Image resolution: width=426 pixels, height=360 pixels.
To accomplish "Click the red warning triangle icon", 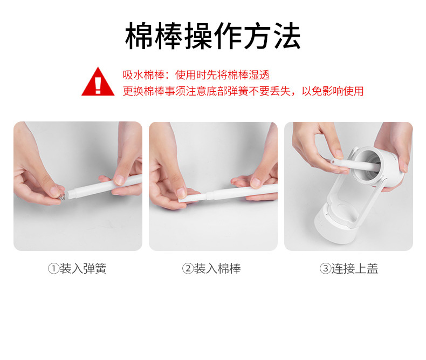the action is click(98, 81).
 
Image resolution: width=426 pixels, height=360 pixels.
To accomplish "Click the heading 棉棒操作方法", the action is click(212, 36).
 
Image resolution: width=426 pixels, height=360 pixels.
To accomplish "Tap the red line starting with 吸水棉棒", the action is click(196, 75).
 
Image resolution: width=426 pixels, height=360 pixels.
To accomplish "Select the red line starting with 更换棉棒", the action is click(243, 91).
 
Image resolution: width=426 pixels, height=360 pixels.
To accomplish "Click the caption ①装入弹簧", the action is click(77, 269).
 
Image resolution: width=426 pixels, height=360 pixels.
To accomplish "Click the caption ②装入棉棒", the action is click(211, 269).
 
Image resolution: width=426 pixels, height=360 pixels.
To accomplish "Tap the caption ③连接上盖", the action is click(349, 269).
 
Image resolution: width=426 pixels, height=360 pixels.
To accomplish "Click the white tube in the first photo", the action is click(105, 186).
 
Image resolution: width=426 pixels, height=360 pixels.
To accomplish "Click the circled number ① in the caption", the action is click(53, 269).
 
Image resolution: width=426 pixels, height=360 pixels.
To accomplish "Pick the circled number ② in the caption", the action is click(188, 269).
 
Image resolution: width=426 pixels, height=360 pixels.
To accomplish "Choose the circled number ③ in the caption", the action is click(325, 269).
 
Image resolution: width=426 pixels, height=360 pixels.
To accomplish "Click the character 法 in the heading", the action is click(287, 36).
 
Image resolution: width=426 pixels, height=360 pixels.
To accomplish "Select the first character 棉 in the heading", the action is click(139, 36).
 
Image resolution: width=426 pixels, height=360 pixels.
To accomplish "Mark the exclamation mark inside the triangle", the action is click(98, 85).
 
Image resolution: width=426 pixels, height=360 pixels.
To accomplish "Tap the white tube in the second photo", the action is click(242, 192).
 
